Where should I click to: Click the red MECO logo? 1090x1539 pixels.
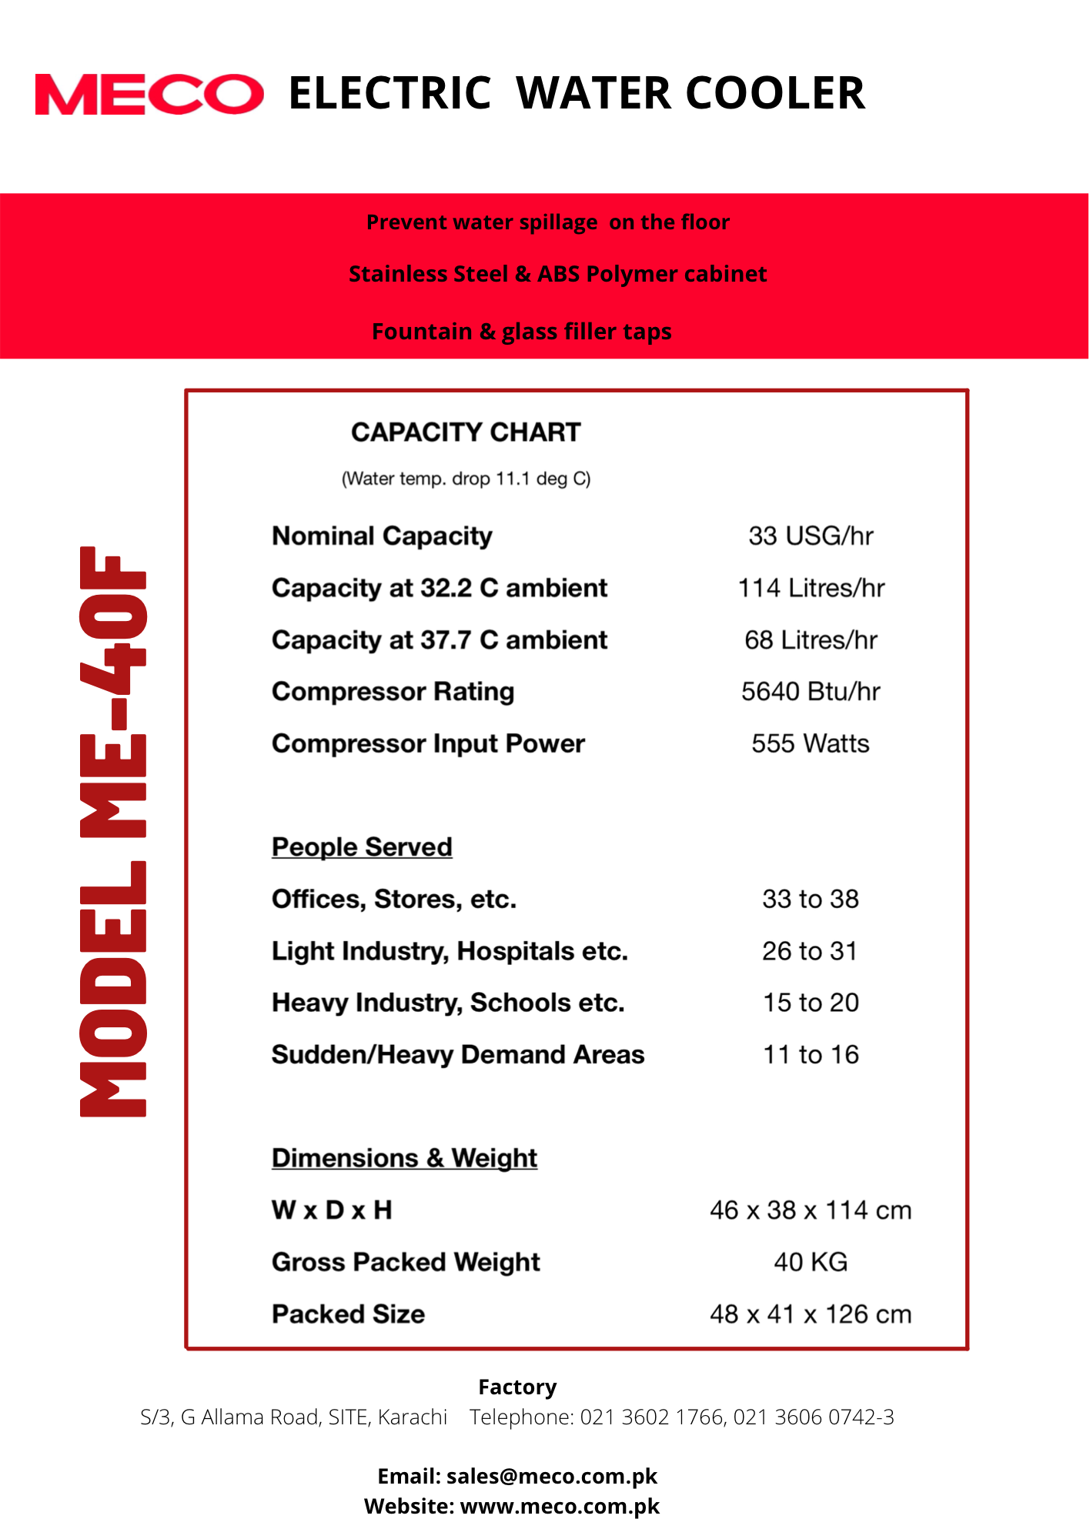[149, 95]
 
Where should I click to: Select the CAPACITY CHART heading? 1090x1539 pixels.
[466, 432]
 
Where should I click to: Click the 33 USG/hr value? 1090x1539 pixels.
[811, 536]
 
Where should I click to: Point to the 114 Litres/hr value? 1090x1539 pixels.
[811, 588]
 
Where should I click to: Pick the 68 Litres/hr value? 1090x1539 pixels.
[811, 639]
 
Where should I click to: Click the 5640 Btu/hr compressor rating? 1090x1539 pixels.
[811, 691]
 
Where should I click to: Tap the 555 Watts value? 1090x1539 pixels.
[811, 743]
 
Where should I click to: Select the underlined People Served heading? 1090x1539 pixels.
[362, 846]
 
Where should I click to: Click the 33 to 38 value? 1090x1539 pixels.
[811, 899]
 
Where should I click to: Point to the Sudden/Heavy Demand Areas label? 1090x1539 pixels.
[458, 1054]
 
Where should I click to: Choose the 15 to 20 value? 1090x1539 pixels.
[811, 1003]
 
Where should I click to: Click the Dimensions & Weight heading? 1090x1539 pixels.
[404, 1158]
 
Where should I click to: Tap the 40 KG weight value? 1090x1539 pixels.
[811, 1262]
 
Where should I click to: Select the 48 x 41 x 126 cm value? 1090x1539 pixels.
[811, 1314]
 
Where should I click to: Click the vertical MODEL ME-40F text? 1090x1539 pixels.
[113, 831]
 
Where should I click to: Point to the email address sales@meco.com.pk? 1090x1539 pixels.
[551, 1476]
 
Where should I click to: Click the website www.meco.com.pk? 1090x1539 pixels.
[560, 1506]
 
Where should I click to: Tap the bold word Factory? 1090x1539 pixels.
[517, 1387]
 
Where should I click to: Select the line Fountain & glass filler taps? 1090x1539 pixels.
[521, 332]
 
